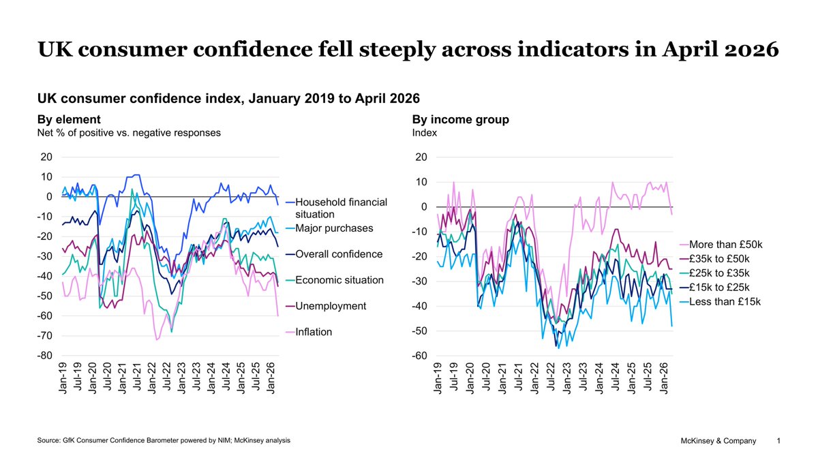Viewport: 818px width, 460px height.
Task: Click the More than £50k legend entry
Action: click(x=730, y=244)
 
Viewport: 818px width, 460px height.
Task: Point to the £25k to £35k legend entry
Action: click(x=725, y=273)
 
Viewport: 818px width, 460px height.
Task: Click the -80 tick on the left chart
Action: click(x=45, y=356)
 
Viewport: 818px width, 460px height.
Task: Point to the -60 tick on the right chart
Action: click(x=420, y=356)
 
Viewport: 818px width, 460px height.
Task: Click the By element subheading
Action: click(x=69, y=120)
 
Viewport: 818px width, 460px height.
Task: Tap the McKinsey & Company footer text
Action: click(x=718, y=442)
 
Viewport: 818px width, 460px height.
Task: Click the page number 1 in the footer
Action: click(x=779, y=442)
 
